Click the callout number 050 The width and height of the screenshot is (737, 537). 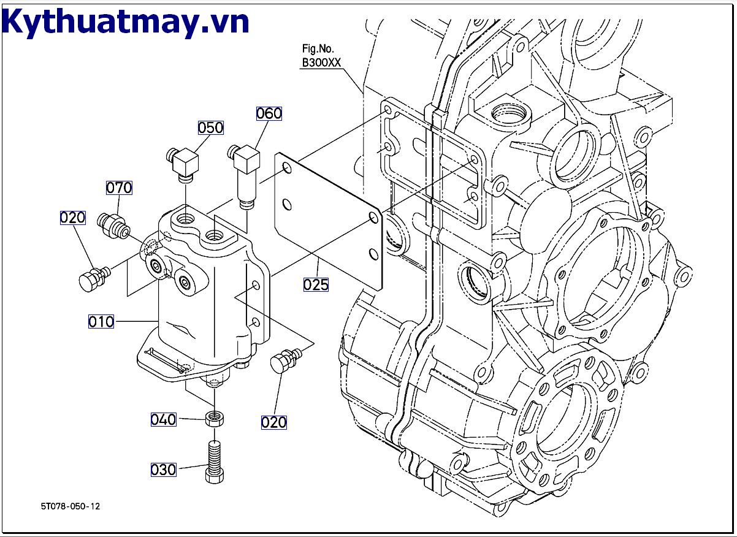tap(210, 128)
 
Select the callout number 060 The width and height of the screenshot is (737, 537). tap(269, 113)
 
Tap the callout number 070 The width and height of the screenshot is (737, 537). tap(119, 188)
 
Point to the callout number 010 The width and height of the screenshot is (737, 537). tap(101, 321)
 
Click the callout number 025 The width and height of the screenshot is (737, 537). tap(316, 284)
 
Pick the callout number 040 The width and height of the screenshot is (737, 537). tap(164, 419)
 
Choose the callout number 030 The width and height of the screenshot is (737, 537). tap(164, 470)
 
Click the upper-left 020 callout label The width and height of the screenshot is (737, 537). tap(72, 218)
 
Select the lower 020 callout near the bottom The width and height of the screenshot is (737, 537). tap(273, 422)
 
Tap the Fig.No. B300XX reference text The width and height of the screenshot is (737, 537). tap(321, 56)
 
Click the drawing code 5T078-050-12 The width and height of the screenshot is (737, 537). tap(71, 506)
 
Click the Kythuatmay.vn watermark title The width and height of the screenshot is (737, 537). tap(126, 22)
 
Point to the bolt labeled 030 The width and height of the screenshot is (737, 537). tap(215, 460)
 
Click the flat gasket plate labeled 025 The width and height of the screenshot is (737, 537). tap(328, 221)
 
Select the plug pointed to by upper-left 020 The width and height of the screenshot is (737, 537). tap(92, 278)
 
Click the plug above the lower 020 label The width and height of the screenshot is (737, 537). tap(283, 360)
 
